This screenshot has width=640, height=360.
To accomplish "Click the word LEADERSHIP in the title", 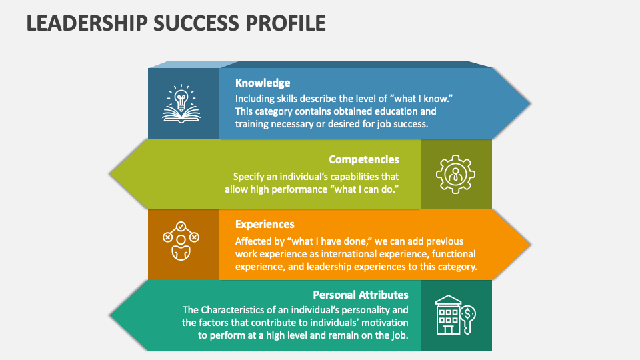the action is point(87,23).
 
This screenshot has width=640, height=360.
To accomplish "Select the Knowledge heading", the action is point(263,83).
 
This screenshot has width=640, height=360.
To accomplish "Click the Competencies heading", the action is point(364,159).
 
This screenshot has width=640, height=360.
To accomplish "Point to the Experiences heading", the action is point(265,224).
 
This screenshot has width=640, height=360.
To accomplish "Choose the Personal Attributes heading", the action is point(361,295).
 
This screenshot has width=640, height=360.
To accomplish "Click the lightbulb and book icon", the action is point(181,104).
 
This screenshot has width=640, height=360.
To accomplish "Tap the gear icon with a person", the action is point(455,174).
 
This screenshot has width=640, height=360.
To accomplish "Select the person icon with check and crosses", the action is point(181,241).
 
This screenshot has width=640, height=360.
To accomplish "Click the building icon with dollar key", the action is point(455,315).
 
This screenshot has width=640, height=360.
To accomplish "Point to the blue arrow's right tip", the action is point(530,104).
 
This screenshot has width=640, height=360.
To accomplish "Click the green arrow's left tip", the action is point(109,174).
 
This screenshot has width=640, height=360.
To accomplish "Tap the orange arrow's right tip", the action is point(530,245).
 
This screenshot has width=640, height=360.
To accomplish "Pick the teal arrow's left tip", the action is point(109,315).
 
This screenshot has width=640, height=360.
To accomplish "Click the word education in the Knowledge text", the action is point(395,111).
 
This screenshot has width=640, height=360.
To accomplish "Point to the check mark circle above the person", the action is point(181,227).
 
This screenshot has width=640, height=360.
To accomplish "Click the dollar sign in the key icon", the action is point(469,313).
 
